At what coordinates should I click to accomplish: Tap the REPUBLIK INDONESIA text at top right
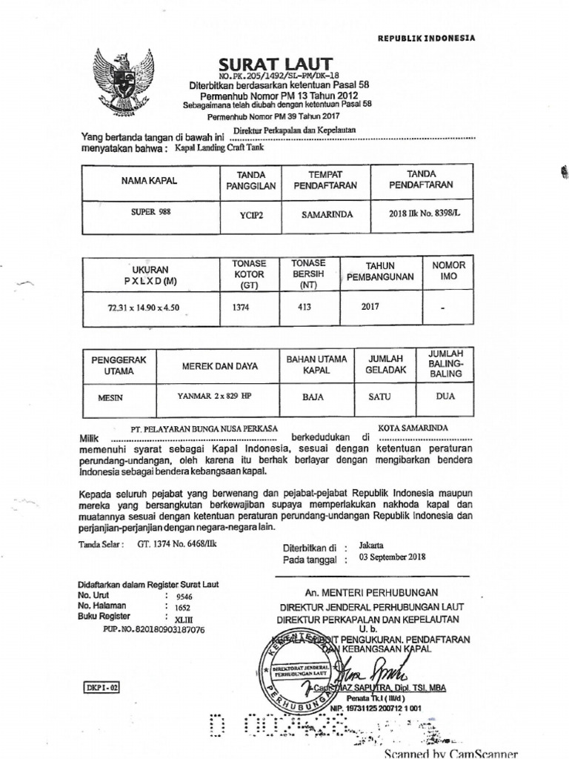pos(426,38)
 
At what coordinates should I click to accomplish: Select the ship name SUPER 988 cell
pos(140,211)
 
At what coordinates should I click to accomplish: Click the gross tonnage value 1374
pos(242,305)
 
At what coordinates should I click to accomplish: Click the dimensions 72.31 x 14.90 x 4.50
pos(144,305)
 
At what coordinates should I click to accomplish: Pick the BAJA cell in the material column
pos(313,397)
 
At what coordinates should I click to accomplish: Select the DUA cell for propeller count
pos(445,396)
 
